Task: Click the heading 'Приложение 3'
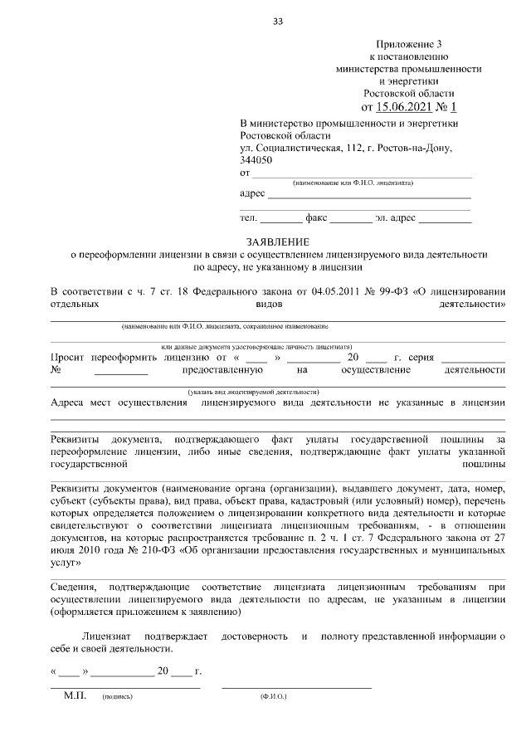tap(411, 43)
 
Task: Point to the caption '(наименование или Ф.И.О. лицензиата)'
tap(353, 182)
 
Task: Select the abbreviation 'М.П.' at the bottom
tap(75, 696)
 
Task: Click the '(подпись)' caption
tap(117, 698)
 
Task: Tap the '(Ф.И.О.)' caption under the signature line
tap(273, 698)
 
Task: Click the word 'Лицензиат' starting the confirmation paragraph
tap(106, 636)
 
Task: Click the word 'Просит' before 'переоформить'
tap(69, 357)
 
